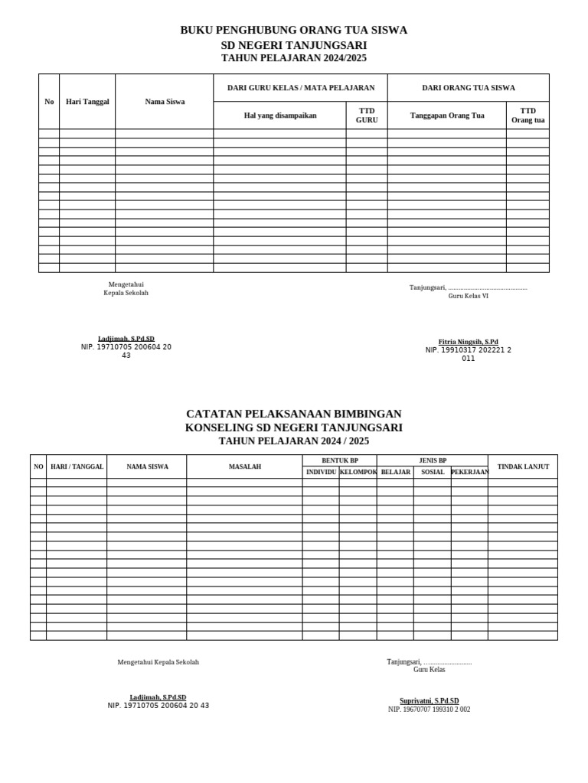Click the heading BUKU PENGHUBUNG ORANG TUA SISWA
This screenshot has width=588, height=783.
[293, 30]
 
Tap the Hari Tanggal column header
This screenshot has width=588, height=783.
[87, 102]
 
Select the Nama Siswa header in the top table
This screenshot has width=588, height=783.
[165, 102]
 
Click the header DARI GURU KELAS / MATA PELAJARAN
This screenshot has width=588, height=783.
[301, 88]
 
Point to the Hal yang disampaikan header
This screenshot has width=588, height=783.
[279, 115]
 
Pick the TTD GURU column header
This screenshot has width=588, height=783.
[367, 115]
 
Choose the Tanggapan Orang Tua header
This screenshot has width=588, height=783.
[447, 115]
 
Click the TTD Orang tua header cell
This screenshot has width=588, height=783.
[528, 115]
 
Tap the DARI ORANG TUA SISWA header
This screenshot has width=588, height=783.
[469, 88]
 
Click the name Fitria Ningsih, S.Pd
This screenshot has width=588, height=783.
[468, 342]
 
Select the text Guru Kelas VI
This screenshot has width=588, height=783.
[468, 296]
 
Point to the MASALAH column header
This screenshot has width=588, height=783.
[245, 466]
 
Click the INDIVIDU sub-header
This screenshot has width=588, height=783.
[321, 472]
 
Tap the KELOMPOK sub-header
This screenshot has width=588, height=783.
[358, 472]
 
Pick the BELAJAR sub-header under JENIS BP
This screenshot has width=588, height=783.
[396, 472]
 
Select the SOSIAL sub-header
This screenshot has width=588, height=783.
[433, 472]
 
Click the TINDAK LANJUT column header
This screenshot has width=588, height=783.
[523, 466]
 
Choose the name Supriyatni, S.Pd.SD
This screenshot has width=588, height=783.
[429, 700]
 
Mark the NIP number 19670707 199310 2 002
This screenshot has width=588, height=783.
[429, 710]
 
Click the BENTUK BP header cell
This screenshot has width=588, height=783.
[339, 460]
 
